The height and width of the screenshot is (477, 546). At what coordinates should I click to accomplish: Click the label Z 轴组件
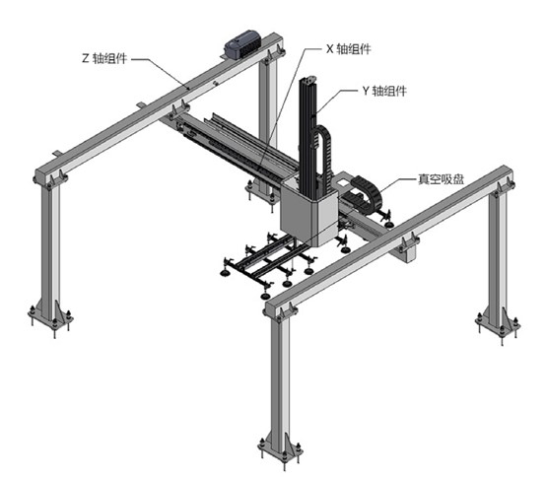pos(104,58)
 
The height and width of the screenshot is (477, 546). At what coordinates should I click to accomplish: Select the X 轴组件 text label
pos(348,49)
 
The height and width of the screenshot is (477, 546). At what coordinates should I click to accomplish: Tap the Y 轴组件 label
pos(384,91)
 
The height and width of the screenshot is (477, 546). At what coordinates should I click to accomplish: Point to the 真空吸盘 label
pos(441,179)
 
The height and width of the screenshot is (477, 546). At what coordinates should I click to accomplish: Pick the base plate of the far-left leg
pos(50,317)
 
